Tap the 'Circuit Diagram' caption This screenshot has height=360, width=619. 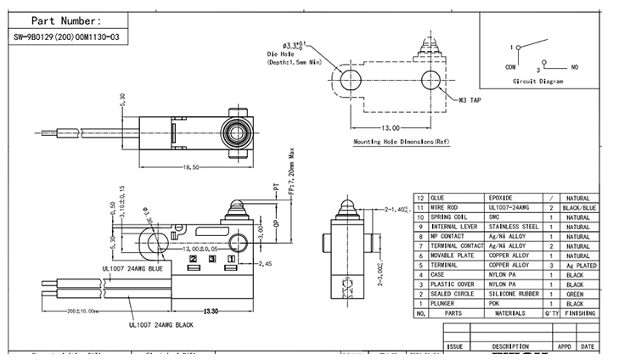(537, 81)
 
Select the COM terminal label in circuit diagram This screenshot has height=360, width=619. (511, 66)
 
